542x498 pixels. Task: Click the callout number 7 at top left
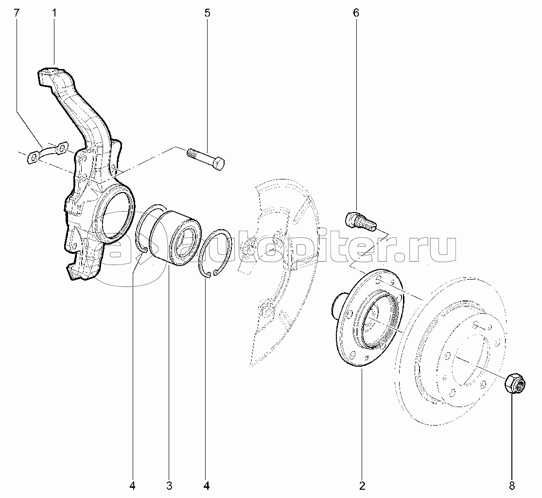(17, 13)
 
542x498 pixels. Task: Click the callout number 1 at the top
(54, 13)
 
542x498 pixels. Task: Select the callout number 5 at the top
(208, 13)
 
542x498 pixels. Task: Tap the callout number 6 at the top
(356, 13)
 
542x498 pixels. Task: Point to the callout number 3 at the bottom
(169, 485)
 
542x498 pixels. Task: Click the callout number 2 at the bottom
(362, 485)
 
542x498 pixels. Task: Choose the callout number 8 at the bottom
(511, 485)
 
